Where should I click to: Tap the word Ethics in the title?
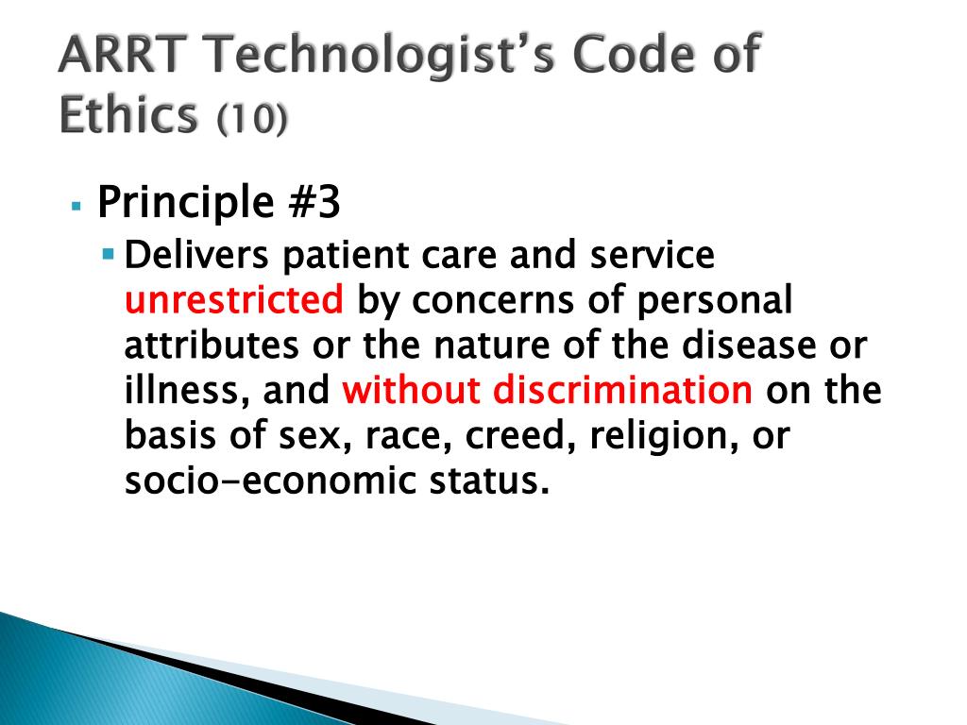pyautogui.click(x=128, y=114)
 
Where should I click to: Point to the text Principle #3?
pyautogui.click(x=219, y=202)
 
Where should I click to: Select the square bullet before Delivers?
pyautogui.click(x=110, y=253)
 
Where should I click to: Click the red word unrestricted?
pyautogui.click(x=234, y=299)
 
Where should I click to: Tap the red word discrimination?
pyautogui.click(x=622, y=390)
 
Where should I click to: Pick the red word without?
pyautogui.click(x=412, y=390)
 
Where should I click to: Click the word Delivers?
pyautogui.click(x=196, y=255)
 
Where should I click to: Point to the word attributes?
pyautogui.click(x=212, y=346)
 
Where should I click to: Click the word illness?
pyautogui.click(x=187, y=391)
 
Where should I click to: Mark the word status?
pyautogui.click(x=489, y=481)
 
